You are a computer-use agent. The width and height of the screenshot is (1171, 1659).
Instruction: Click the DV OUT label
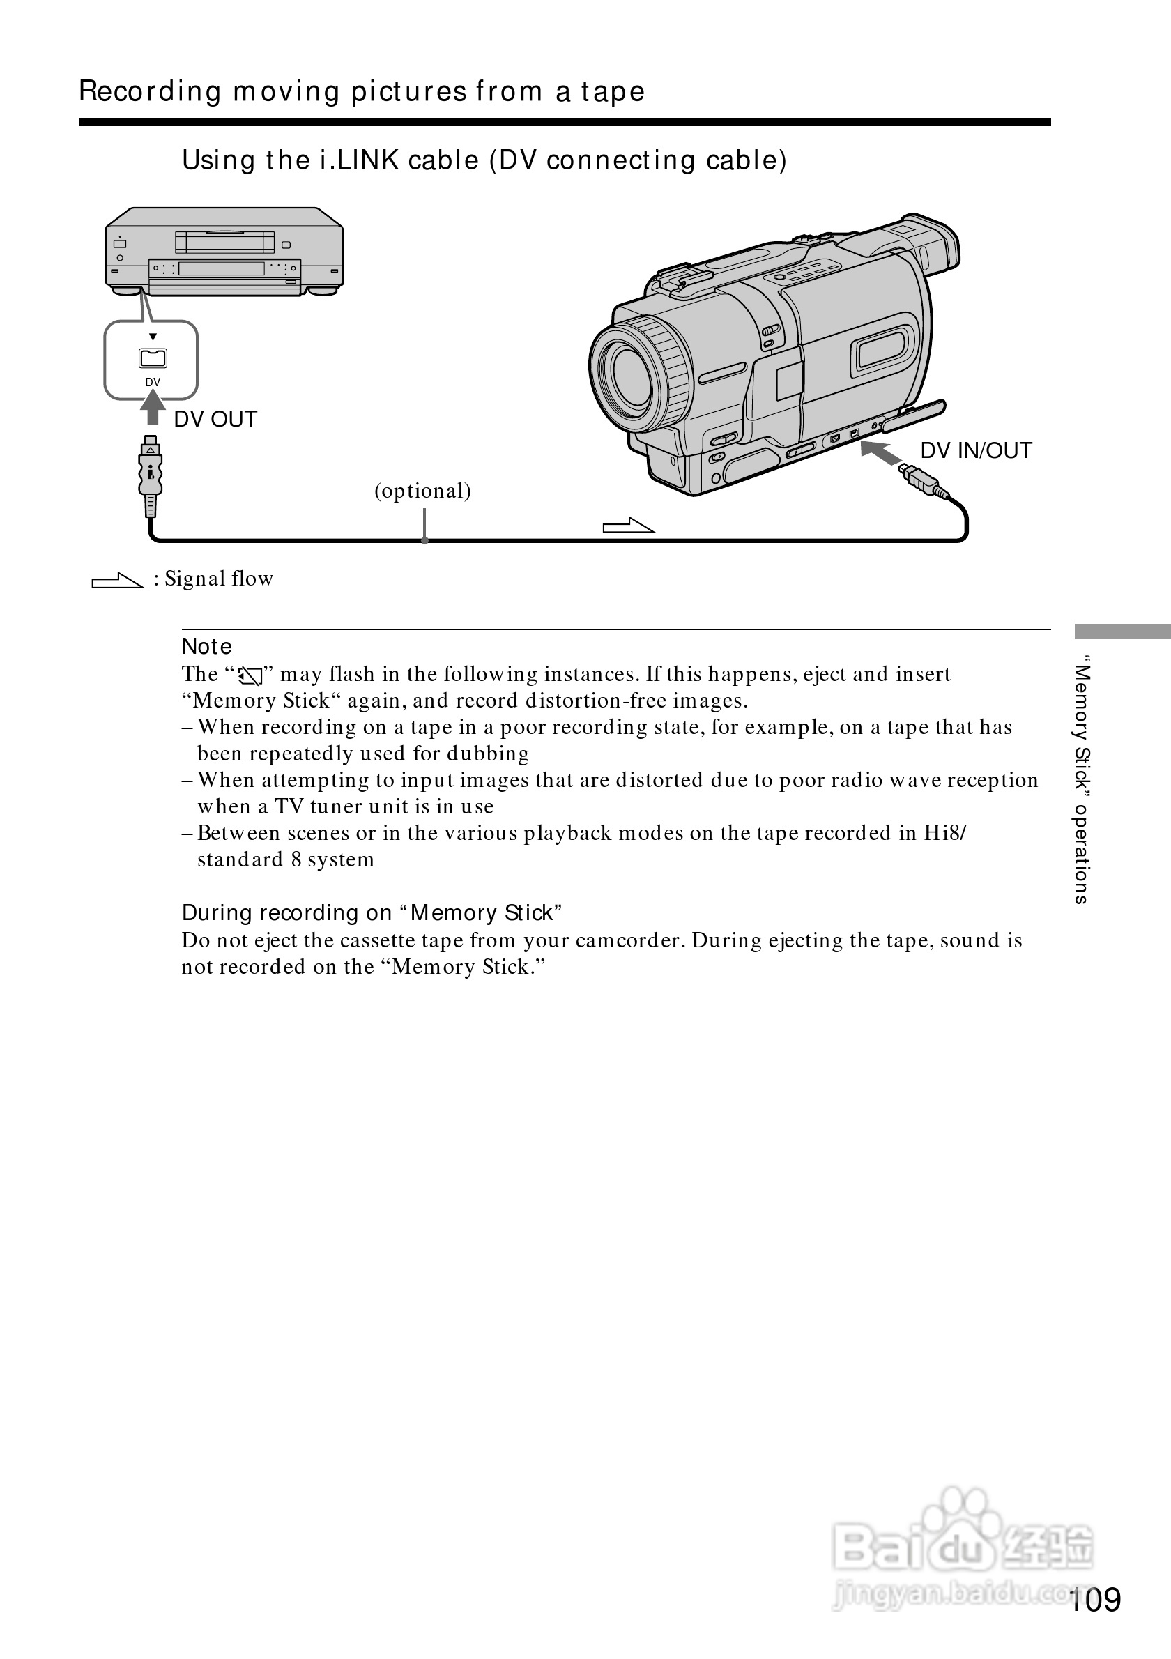(x=215, y=419)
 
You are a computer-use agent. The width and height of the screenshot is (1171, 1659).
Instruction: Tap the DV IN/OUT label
(x=975, y=450)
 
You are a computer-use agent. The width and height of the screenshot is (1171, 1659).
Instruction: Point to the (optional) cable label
(x=422, y=491)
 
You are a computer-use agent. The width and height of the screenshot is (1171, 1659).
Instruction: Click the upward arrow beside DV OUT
(x=153, y=408)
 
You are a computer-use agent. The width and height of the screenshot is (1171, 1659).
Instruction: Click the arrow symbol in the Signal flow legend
(x=118, y=580)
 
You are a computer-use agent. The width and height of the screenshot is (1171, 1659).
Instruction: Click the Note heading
(x=206, y=647)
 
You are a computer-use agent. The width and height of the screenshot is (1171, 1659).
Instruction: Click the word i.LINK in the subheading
(x=359, y=160)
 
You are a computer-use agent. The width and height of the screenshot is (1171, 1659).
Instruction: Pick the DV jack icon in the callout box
(x=153, y=358)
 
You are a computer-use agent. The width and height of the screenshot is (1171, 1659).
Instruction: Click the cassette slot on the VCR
(x=224, y=242)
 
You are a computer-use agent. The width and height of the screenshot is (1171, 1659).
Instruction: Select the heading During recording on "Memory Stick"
(x=372, y=913)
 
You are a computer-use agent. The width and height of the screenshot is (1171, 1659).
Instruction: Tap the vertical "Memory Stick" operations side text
(x=1080, y=781)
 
